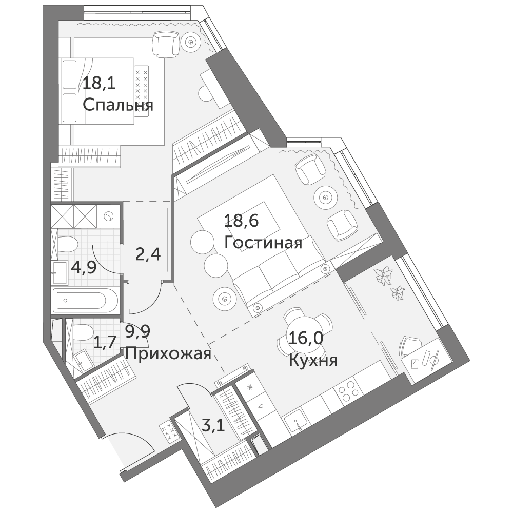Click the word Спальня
pyautogui.click(x=118, y=106)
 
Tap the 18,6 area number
pyautogui.click(x=242, y=221)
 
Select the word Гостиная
pyautogui.click(x=263, y=243)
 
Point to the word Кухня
pyautogui.click(x=313, y=361)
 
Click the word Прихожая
pyautogui.click(x=168, y=354)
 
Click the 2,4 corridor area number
pyautogui.click(x=148, y=254)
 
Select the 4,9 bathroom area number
pyautogui.click(x=84, y=268)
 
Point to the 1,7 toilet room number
pyautogui.click(x=105, y=343)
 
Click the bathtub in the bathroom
pyautogui.click(x=85, y=300)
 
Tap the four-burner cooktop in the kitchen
pyautogui.click(x=347, y=390)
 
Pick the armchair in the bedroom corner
pyautogui.click(x=166, y=44)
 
